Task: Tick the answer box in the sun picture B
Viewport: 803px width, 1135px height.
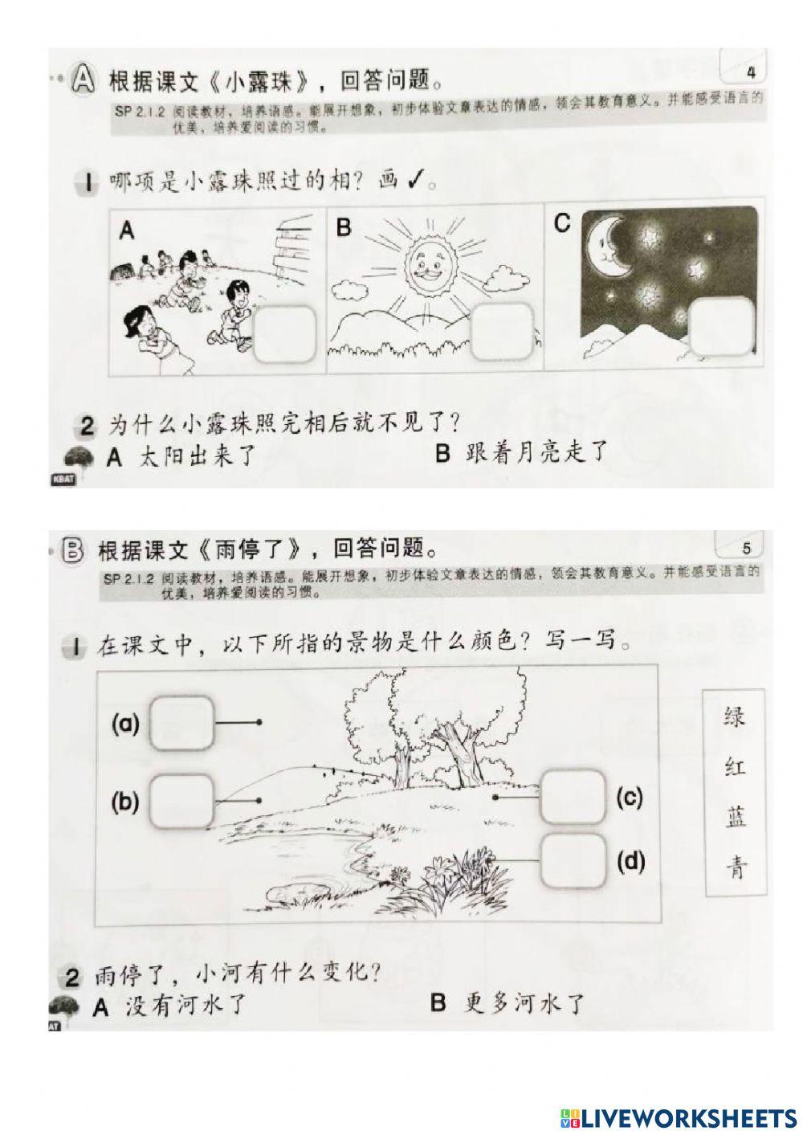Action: tap(501, 332)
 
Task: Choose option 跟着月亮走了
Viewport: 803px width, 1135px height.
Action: tap(522, 454)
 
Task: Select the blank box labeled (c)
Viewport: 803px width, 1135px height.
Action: tap(573, 797)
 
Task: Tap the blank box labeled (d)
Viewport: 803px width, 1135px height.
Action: tap(573, 860)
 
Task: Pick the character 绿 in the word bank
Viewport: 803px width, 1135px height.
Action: tap(734, 715)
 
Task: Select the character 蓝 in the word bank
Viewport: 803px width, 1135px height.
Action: tap(734, 818)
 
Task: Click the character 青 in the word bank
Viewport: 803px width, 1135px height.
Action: tap(734, 868)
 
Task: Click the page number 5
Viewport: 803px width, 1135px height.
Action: tap(747, 549)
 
